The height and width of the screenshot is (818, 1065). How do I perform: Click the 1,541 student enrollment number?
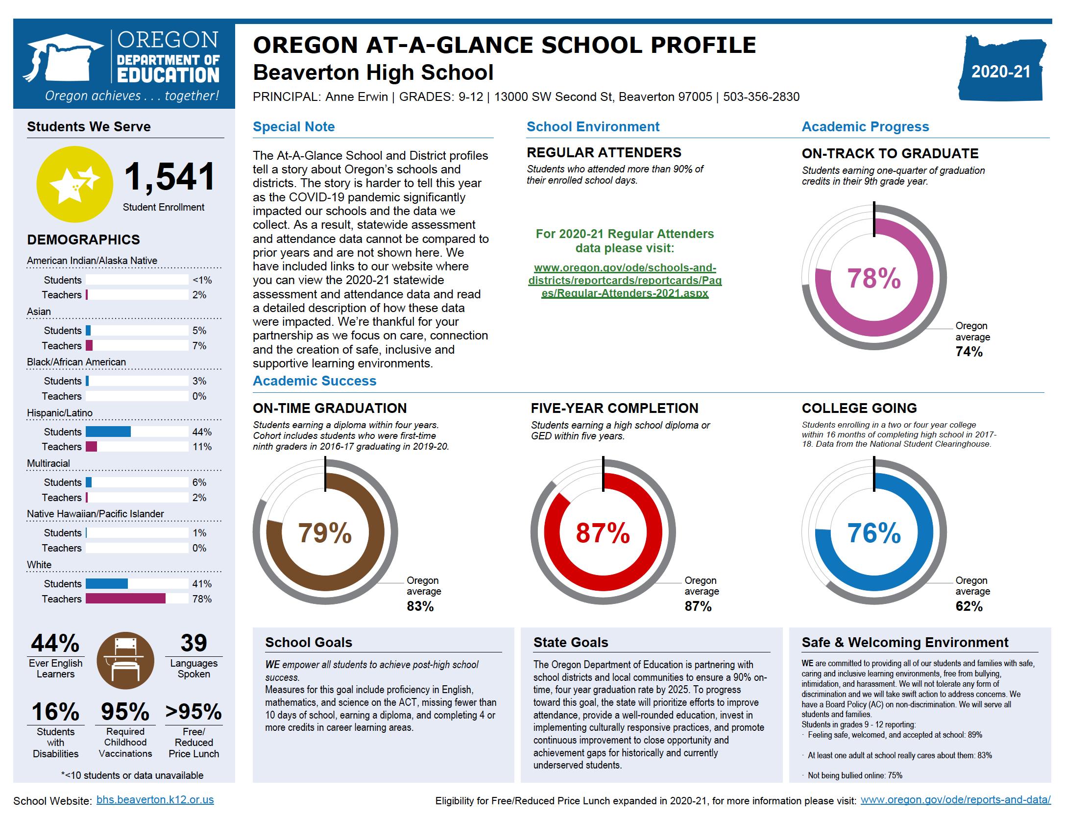(x=169, y=177)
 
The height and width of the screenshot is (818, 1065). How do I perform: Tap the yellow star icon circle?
(x=74, y=184)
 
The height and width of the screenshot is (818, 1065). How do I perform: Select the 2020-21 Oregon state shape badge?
(x=1001, y=72)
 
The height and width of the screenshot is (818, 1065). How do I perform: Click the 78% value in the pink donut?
(x=874, y=278)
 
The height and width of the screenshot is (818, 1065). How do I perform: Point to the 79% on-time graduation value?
(x=325, y=533)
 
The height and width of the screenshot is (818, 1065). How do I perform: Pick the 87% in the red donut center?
(x=603, y=533)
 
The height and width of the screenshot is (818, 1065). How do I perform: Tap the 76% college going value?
(x=874, y=533)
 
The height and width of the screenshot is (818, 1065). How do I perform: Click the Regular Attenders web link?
(x=625, y=281)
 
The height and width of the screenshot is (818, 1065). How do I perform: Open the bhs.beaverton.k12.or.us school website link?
(x=155, y=800)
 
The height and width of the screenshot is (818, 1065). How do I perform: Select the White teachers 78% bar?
(x=125, y=599)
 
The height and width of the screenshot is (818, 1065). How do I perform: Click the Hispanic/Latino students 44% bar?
(x=108, y=432)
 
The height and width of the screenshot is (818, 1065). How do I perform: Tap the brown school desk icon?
(x=125, y=660)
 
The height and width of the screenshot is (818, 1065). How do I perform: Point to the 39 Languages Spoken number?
(x=194, y=643)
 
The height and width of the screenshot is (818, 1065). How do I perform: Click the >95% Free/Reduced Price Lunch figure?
(x=194, y=712)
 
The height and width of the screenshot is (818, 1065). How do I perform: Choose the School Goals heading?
(x=309, y=642)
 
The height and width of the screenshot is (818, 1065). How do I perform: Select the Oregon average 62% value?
(x=969, y=606)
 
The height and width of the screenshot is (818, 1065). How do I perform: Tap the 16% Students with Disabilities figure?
(x=55, y=712)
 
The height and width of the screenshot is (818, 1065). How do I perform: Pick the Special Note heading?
(x=294, y=127)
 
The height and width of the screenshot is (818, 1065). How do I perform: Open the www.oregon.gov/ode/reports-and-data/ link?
(x=956, y=800)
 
